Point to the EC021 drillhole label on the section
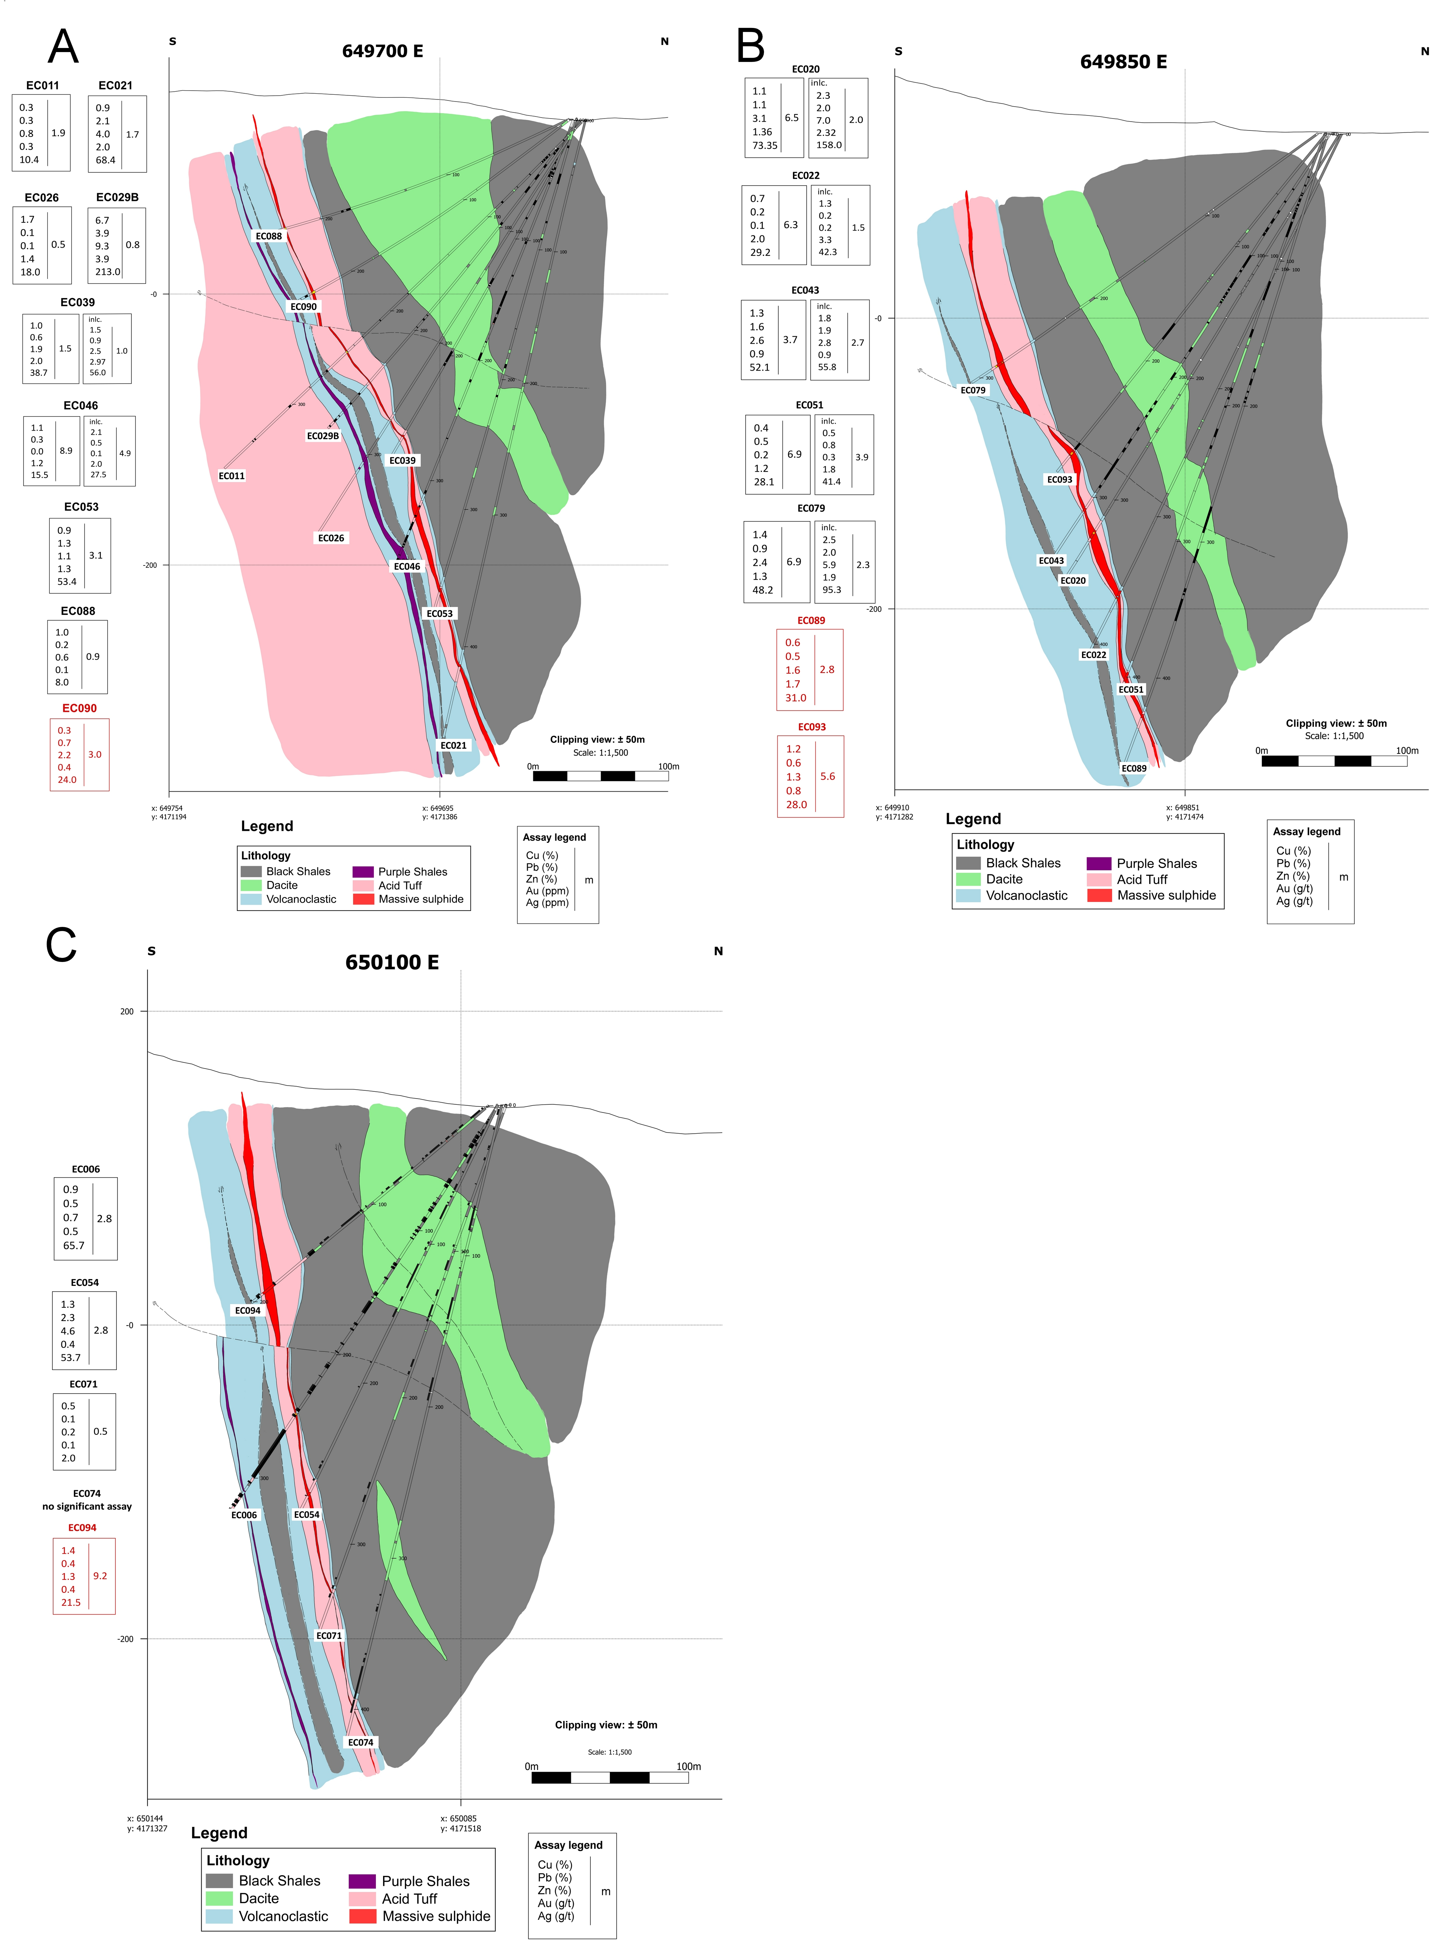click(453, 745)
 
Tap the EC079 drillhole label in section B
click(973, 390)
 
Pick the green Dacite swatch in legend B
click(968, 879)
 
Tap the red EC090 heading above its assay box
click(80, 709)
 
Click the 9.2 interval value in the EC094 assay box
click(100, 1576)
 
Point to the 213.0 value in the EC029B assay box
click(108, 272)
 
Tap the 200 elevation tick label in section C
click(127, 1012)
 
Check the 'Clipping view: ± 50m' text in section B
click(1336, 723)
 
